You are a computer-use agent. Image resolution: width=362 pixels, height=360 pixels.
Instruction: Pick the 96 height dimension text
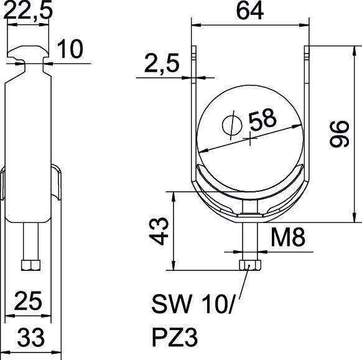(x=338, y=133)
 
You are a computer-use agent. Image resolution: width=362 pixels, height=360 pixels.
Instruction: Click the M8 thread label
(x=288, y=236)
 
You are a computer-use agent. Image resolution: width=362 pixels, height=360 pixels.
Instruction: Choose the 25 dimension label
(x=29, y=301)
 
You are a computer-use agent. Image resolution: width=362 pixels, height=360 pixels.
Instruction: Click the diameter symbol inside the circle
(x=231, y=125)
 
